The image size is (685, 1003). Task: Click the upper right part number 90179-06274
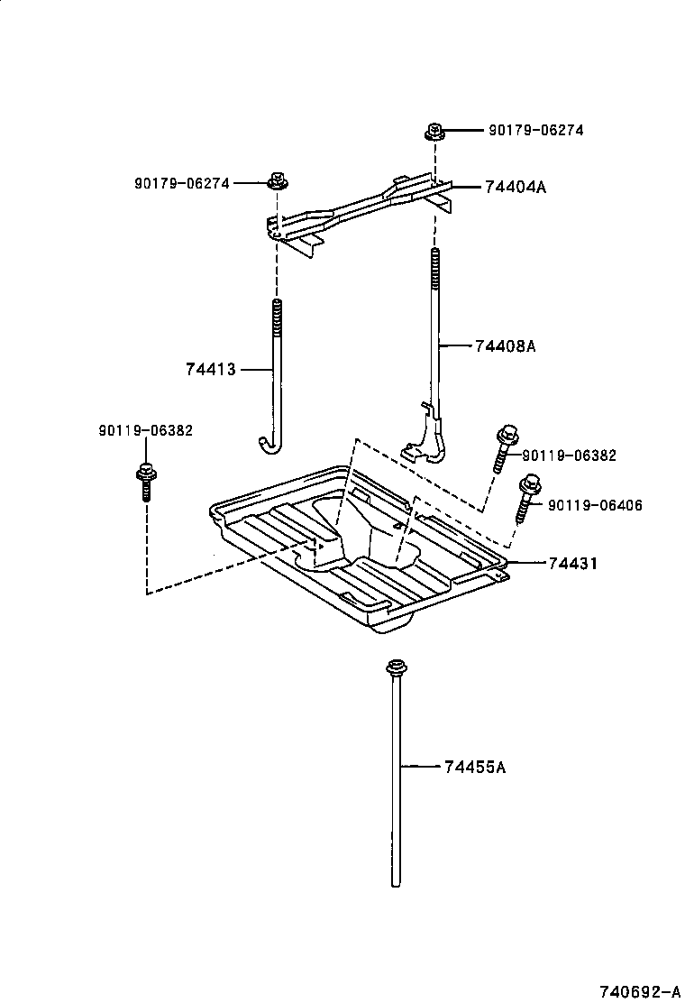click(535, 130)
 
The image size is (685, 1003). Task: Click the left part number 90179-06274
click(181, 183)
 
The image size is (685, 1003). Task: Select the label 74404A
click(516, 188)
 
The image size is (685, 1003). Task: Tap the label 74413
click(210, 369)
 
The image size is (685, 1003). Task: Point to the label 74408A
click(505, 345)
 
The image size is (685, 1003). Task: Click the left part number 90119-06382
click(145, 431)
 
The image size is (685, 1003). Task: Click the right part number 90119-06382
click(569, 455)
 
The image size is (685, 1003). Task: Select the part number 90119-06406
click(595, 506)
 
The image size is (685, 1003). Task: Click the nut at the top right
click(434, 133)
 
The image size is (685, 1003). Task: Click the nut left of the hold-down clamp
click(277, 182)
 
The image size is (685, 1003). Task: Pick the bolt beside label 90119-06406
click(527, 498)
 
